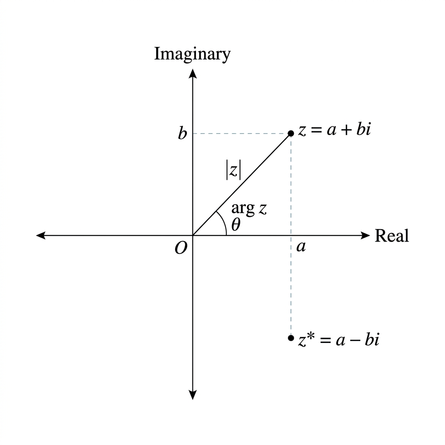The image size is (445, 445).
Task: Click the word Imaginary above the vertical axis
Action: pos(192,54)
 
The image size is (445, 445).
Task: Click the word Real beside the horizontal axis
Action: pos(392,236)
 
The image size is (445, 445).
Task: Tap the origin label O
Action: pos(181,248)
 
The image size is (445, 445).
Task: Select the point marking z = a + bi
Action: pos(291,133)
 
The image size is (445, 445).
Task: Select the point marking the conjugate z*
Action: pos(291,338)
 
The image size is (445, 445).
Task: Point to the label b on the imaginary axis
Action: pos(183,133)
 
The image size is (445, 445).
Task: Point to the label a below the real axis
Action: pos(301,247)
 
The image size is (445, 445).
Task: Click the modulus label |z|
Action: pos(233,170)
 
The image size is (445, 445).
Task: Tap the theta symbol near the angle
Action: pos(236,225)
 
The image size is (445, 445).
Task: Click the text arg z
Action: pos(249,209)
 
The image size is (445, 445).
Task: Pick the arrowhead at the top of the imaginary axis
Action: pos(193,73)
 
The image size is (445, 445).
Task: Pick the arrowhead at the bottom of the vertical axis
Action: pos(193,395)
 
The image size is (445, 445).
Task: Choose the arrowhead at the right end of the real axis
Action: pos(365,235)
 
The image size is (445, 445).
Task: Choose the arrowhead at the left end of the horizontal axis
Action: pos(41,235)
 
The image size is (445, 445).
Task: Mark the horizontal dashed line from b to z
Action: pos(242,133)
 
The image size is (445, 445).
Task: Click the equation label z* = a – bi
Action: pos(339,339)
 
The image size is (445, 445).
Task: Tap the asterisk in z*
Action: pos(310,336)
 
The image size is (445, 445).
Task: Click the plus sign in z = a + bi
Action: pos(346,131)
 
